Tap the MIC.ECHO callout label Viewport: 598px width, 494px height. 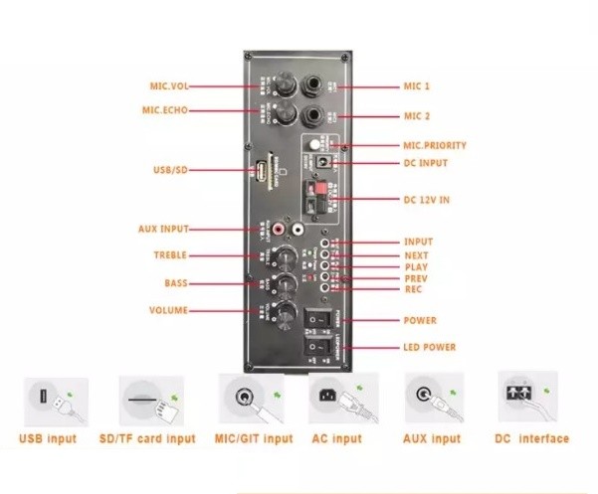166,109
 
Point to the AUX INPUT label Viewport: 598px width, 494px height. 163,229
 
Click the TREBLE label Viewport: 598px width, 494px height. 170,255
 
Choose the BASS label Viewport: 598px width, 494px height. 176,283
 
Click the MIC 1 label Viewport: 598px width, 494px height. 417,86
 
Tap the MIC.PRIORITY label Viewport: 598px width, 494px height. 435,146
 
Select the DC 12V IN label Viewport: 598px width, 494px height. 428,201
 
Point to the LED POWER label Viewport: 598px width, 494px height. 430,347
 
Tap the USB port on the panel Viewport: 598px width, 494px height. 261,171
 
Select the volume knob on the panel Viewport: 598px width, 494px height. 289,316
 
